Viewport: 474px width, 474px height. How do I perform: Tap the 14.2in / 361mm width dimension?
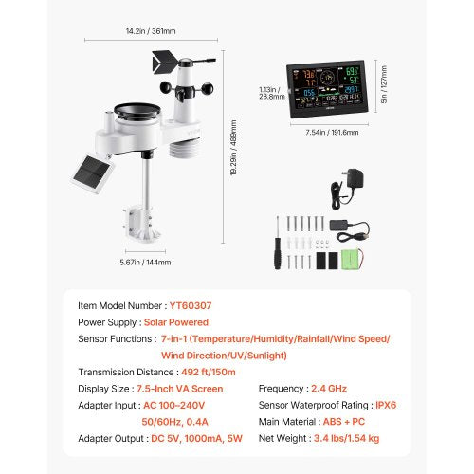tap(153, 29)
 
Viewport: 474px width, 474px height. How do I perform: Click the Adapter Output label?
tap(115, 439)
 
